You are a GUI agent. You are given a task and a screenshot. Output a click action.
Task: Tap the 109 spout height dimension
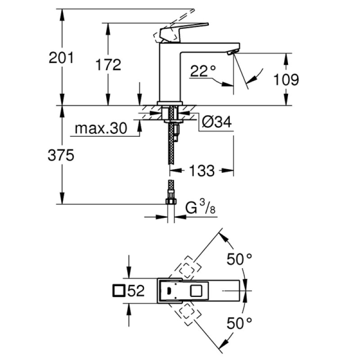(x=286, y=80)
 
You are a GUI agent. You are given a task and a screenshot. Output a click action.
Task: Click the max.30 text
(x=101, y=129)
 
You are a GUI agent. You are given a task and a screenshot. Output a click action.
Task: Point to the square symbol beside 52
(x=119, y=291)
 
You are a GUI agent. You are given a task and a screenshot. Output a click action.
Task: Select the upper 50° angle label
(x=238, y=259)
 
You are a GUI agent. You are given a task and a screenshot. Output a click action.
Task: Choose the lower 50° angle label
(x=238, y=323)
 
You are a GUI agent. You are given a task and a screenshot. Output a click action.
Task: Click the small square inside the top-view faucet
(x=197, y=291)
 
